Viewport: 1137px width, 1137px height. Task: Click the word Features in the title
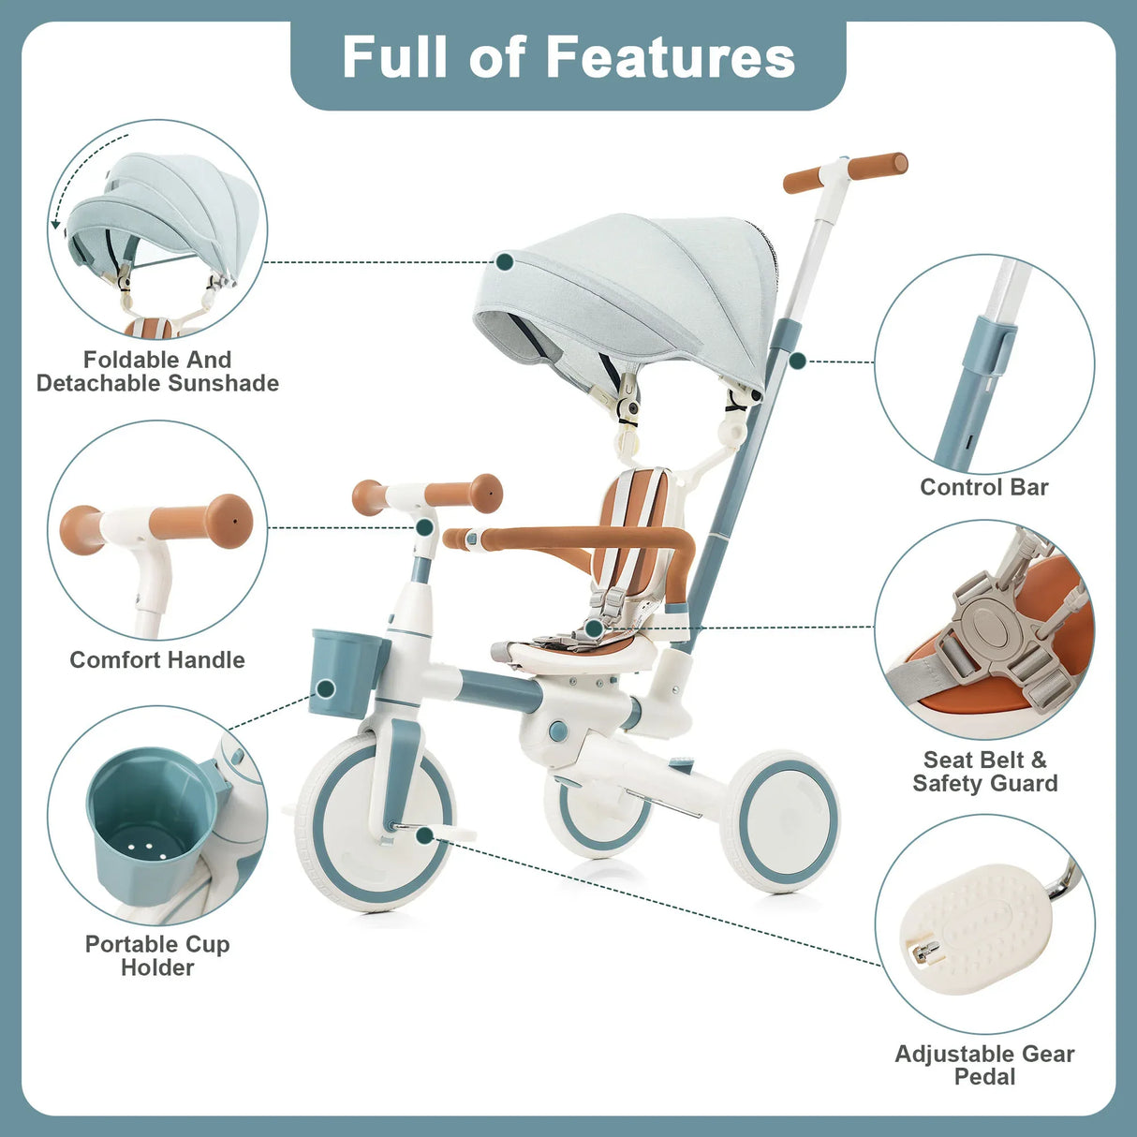[x=670, y=57]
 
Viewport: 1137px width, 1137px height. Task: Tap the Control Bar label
[x=983, y=487]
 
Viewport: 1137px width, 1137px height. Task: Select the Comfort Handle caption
[x=157, y=660]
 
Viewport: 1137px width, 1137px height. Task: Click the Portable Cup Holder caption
[x=157, y=955]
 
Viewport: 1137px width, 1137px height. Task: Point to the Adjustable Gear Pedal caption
[x=984, y=1065]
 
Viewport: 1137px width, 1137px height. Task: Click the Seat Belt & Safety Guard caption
[x=984, y=772]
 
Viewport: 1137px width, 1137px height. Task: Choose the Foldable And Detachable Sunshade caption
[x=157, y=372]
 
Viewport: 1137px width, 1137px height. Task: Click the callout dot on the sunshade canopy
[x=505, y=261]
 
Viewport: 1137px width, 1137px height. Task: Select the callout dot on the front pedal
[x=424, y=834]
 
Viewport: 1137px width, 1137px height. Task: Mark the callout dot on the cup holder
[x=326, y=689]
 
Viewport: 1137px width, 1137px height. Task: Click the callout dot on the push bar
[x=797, y=361]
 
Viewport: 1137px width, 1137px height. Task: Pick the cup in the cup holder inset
[x=150, y=824]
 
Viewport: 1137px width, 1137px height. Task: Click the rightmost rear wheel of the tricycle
[x=782, y=820]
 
